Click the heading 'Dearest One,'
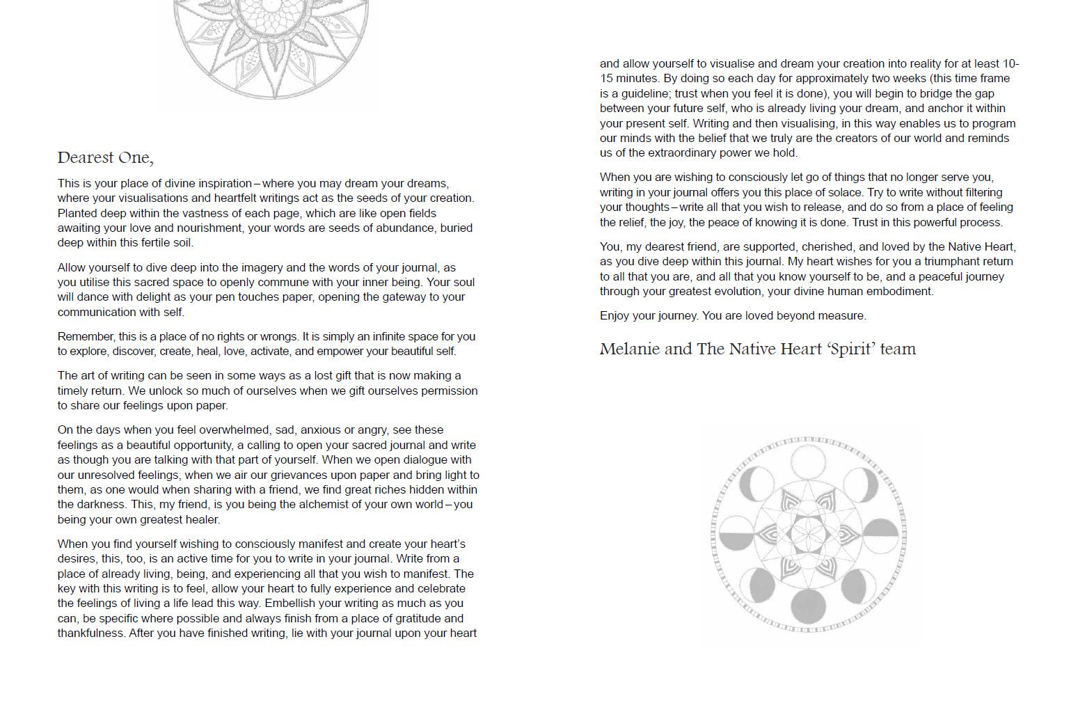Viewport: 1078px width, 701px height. (x=105, y=158)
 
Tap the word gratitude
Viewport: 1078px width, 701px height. (x=409, y=618)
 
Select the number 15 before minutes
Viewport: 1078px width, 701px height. (x=606, y=78)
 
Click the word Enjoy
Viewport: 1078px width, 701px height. (x=615, y=315)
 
